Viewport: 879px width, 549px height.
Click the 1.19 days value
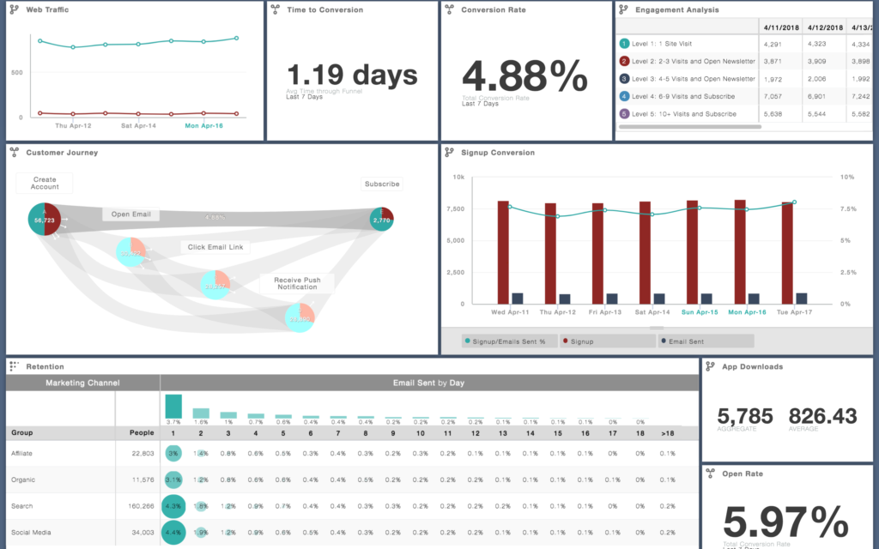(x=351, y=75)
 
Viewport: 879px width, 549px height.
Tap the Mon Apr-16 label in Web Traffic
(x=205, y=125)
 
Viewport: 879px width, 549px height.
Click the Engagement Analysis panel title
(x=677, y=10)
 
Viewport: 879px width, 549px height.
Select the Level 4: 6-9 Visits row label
(x=683, y=96)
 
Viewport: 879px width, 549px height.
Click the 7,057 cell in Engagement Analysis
(x=775, y=96)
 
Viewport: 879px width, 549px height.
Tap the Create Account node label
(x=45, y=183)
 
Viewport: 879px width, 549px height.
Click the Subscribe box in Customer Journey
(x=381, y=184)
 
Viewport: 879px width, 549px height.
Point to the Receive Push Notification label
(x=296, y=283)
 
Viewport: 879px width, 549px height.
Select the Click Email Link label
(x=216, y=247)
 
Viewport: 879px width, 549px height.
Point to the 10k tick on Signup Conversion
(x=458, y=177)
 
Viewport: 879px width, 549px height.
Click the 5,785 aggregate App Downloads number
(x=745, y=415)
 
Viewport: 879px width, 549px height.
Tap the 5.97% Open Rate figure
(x=785, y=522)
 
